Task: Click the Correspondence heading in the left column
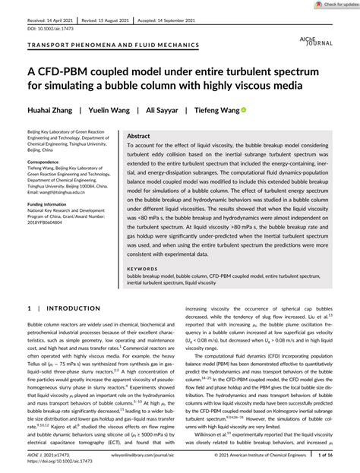pyautogui.click(x=39, y=162)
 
